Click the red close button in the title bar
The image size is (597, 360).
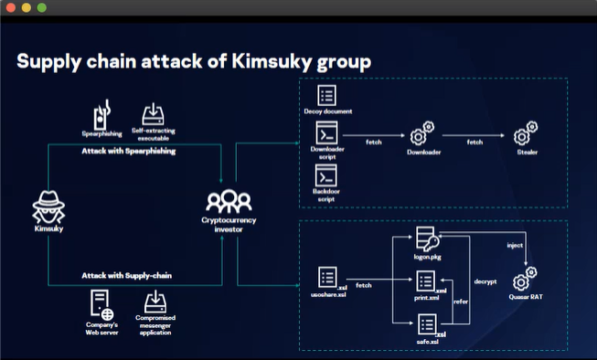(x=11, y=7)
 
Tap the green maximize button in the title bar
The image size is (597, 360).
(x=42, y=7)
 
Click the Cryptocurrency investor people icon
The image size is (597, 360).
(x=224, y=202)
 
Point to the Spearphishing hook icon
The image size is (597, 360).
(x=102, y=116)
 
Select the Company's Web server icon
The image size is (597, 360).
(x=101, y=302)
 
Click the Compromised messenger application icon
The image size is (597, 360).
(x=155, y=302)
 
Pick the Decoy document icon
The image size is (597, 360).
(x=327, y=95)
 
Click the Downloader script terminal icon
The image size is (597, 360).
(x=327, y=133)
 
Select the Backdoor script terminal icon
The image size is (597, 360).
(x=327, y=175)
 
